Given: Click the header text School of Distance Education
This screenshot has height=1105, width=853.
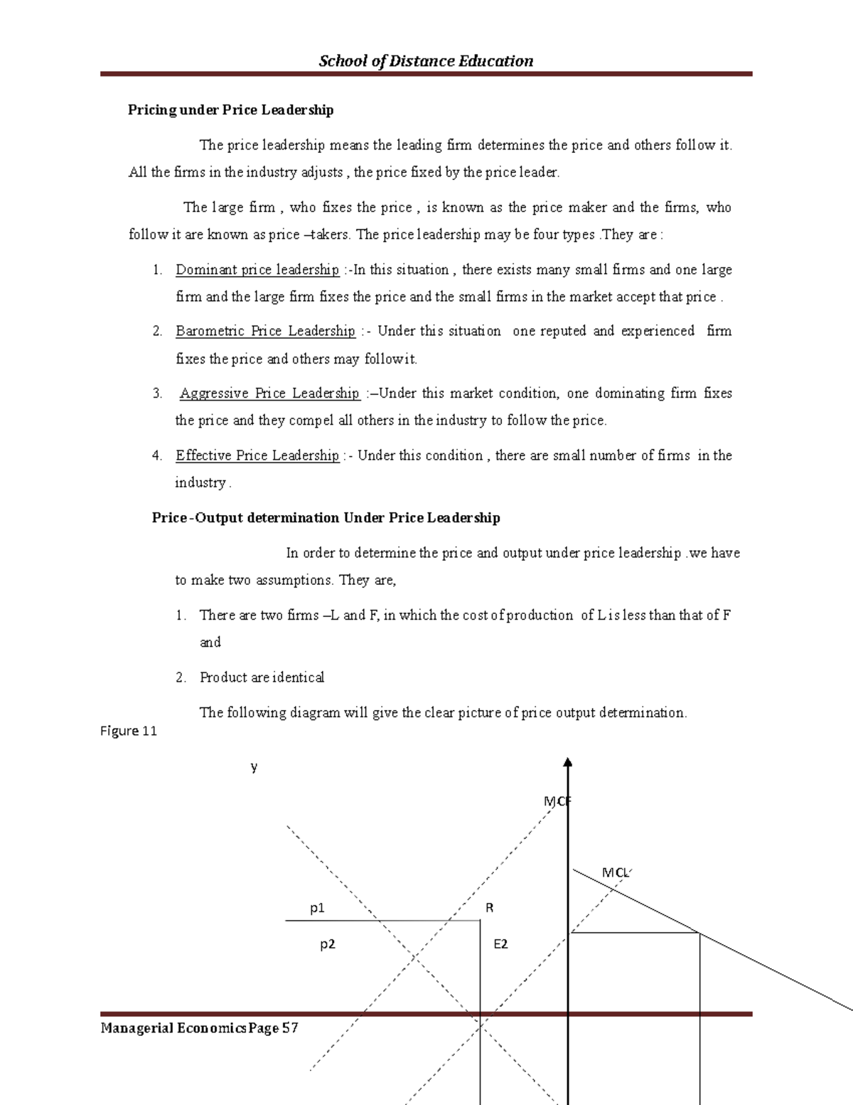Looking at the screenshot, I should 426,61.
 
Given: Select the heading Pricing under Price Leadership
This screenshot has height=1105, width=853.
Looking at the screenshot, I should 230,110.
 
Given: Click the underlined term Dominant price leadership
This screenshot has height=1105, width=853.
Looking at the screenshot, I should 257,270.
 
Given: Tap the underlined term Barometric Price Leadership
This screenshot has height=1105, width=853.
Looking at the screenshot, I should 265,331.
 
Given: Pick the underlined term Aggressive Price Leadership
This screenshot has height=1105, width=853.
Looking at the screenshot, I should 269,393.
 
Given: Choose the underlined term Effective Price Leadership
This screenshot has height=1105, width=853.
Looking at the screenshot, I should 257,455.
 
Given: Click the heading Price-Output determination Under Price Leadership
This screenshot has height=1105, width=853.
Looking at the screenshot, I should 326,518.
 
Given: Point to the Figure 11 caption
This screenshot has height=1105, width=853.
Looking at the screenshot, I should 129,731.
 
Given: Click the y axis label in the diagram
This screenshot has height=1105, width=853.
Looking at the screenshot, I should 254,767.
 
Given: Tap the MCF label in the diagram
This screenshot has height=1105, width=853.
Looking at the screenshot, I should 557,801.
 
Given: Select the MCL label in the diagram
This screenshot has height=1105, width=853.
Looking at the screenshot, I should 616,872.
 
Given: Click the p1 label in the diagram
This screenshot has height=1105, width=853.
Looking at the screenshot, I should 317,908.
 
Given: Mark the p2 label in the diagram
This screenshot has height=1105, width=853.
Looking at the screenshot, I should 327,944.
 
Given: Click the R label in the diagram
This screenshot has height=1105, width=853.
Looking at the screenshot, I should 489,908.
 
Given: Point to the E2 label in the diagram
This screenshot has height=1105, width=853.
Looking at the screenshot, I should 500,944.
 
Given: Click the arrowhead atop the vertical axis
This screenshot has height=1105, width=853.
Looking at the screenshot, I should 567,763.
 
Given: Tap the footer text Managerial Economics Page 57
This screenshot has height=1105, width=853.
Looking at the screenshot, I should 199,1028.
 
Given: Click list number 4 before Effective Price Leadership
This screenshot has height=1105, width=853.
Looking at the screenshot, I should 157,455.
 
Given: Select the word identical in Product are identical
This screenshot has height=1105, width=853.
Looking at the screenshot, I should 299,677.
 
